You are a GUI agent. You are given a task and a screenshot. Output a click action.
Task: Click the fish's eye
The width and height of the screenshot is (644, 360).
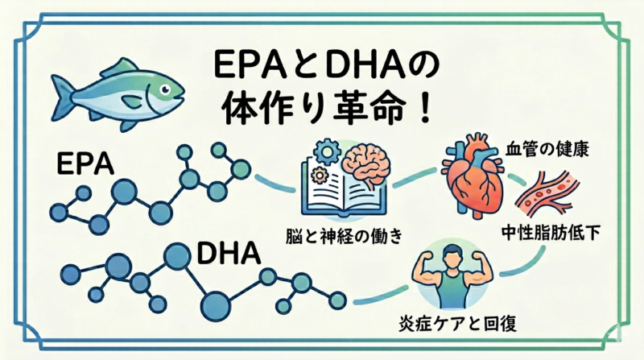pyautogui.click(x=165, y=89)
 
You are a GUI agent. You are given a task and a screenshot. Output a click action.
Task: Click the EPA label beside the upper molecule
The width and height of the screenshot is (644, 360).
pyautogui.click(x=85, y=164)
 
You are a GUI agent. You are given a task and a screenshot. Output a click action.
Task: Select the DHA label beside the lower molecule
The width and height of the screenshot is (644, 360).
pyautogui.click(x=229, y=254)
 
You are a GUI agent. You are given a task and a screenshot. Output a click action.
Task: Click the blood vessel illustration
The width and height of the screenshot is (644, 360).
pyautogui.click(x=547, y=193)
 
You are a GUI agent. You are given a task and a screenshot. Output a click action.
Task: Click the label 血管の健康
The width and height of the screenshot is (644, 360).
pyautogui.click(x=547, y=149)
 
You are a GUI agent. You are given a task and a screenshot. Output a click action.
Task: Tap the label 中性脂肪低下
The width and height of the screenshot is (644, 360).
pyautogui.click(x=551, y=233)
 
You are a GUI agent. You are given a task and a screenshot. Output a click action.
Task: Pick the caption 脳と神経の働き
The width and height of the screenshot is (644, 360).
pyautogui.click(x=345, y=236)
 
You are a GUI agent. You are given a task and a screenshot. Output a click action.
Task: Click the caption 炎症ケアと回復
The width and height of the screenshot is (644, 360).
pyautogui.click(x=457, y=323)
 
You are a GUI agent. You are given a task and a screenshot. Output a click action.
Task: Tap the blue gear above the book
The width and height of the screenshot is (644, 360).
pyautogui.click(x=328, y=152)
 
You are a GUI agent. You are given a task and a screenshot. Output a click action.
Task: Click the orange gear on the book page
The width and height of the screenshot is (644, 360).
pyautogui.click(x=318, y=176)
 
